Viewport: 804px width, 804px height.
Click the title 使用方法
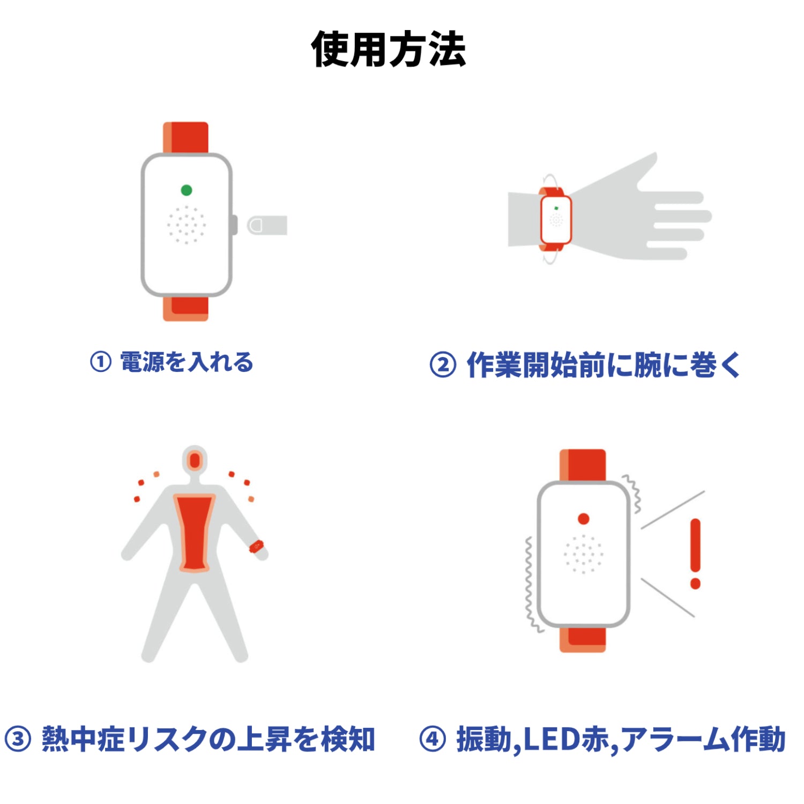pos(389,49)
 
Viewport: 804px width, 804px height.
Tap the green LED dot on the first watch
pos(187,190)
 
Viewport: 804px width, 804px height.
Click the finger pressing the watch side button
pos(267,225)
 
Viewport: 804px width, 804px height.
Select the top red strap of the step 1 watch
pos(186,138)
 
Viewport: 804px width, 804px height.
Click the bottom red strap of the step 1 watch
pos(186,308)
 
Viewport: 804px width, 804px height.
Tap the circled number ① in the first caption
pos(101,362)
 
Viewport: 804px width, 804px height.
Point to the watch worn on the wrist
pos(556,220)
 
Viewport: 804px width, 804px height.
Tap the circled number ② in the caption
pos(443,365)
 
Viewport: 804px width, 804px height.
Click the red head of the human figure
pos(195,460)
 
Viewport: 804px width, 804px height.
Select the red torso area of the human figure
pos(194,533)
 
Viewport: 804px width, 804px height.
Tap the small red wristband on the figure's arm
pos(256,547)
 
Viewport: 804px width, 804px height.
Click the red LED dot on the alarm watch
pos(584,518)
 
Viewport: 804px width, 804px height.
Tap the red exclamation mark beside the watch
pos(695,552)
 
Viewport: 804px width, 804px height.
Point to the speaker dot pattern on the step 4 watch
pos(583,554)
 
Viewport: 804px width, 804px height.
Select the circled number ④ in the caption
pos(433,739)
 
